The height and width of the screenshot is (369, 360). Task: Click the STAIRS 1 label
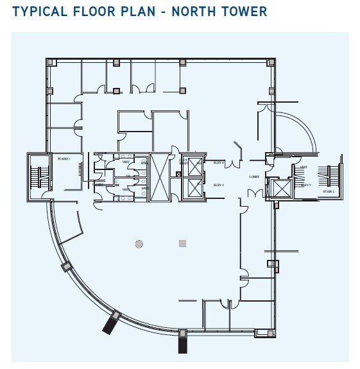tap(64, 157)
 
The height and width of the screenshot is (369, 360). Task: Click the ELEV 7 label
tap(307, 185)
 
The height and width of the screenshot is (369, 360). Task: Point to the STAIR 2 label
tap(329, 191)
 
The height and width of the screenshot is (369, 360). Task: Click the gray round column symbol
tap(139, 244)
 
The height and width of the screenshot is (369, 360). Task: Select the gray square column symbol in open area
tap(182, 244)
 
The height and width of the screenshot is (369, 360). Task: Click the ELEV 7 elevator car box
tap(280, 188)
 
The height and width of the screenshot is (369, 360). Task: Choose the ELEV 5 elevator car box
tap(192, 187)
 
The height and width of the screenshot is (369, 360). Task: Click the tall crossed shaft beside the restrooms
tap(157, 177)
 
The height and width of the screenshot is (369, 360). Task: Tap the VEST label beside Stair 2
tap(304, 167)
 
